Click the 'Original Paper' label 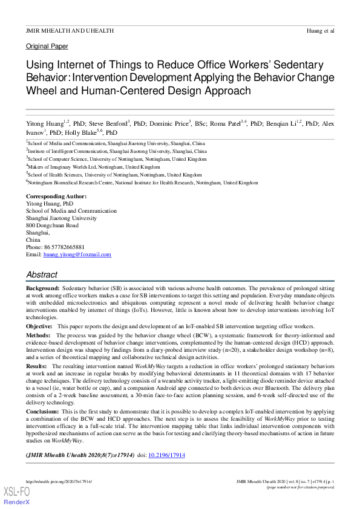point(47,47)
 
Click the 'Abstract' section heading point(42,274)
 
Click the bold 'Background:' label point(42,290)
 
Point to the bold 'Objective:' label point(39,326)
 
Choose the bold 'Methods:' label point(38,334)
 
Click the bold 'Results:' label point(36,366)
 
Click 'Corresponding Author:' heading point(56,196)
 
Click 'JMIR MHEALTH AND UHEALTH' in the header point(70,30)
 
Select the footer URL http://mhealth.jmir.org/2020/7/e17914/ point(59,481)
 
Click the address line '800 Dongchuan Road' point(52,225)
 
